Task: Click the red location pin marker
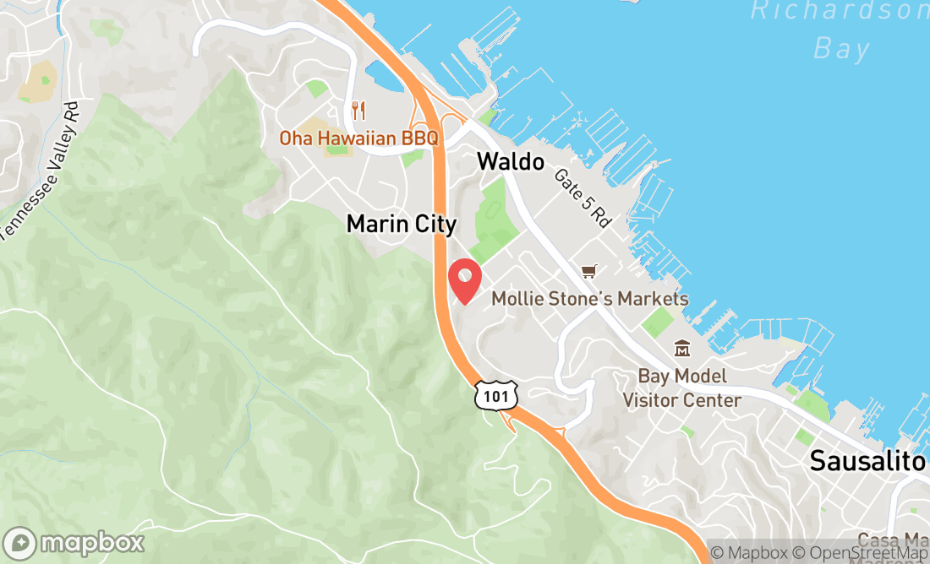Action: pyautogui.click(x=463, y=281)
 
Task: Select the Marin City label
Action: pyautogui.click(x=402, y=225)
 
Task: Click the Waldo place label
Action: pyautogui.click(x=510, y=161)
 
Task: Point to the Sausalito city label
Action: pyautogui.click(x=867, y=461)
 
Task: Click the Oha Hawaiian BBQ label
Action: pyautogui.click(x=359, y=138)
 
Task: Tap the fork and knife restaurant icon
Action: pyautogui.click(x=359, y=110)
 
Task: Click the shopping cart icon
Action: pyautogui.click(x=589, y=271)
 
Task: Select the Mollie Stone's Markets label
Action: pyautogui.click(x=590, y=299)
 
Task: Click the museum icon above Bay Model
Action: pyautogui.click(x=681, y=348)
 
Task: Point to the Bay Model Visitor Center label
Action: pyautogui.click(x=682, y=388)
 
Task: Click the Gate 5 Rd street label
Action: pyautogui.click(x=583, y=198)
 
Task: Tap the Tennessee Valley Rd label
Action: pyautogui.click(x=40, y=169)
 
